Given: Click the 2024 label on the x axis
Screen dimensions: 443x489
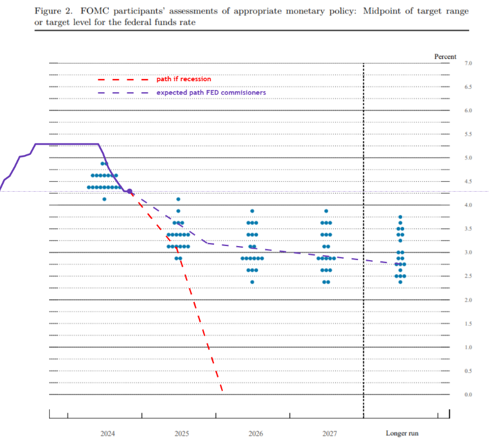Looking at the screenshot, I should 108,434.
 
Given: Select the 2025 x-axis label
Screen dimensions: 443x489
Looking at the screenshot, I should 181,434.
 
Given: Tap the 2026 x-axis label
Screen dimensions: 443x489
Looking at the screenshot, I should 255,434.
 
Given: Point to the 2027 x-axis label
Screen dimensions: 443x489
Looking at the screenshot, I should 329,434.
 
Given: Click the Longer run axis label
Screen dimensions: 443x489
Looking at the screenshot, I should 402,434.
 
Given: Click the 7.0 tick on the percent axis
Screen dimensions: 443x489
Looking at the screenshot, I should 452,63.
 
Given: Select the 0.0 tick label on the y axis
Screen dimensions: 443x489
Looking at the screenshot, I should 452,394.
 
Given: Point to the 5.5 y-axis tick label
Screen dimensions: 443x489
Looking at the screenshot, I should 452,134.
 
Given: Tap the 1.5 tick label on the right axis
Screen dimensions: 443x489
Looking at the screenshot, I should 452,323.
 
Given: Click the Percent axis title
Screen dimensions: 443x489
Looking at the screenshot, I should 445,56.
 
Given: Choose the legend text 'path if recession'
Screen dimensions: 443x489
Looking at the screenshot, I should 184,79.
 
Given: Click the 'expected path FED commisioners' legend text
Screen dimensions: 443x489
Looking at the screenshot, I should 211,92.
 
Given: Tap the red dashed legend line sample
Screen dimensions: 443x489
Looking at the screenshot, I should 123,79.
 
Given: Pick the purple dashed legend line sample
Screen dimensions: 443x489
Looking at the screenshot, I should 123,93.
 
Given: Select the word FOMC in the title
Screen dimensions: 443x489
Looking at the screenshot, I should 97,11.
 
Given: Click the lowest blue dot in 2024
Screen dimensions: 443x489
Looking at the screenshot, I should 104,199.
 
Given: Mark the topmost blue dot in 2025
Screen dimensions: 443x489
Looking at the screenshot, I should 178,199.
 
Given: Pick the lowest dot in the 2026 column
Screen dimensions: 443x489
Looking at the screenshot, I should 252,282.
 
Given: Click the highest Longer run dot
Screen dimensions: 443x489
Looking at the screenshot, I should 400,217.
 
